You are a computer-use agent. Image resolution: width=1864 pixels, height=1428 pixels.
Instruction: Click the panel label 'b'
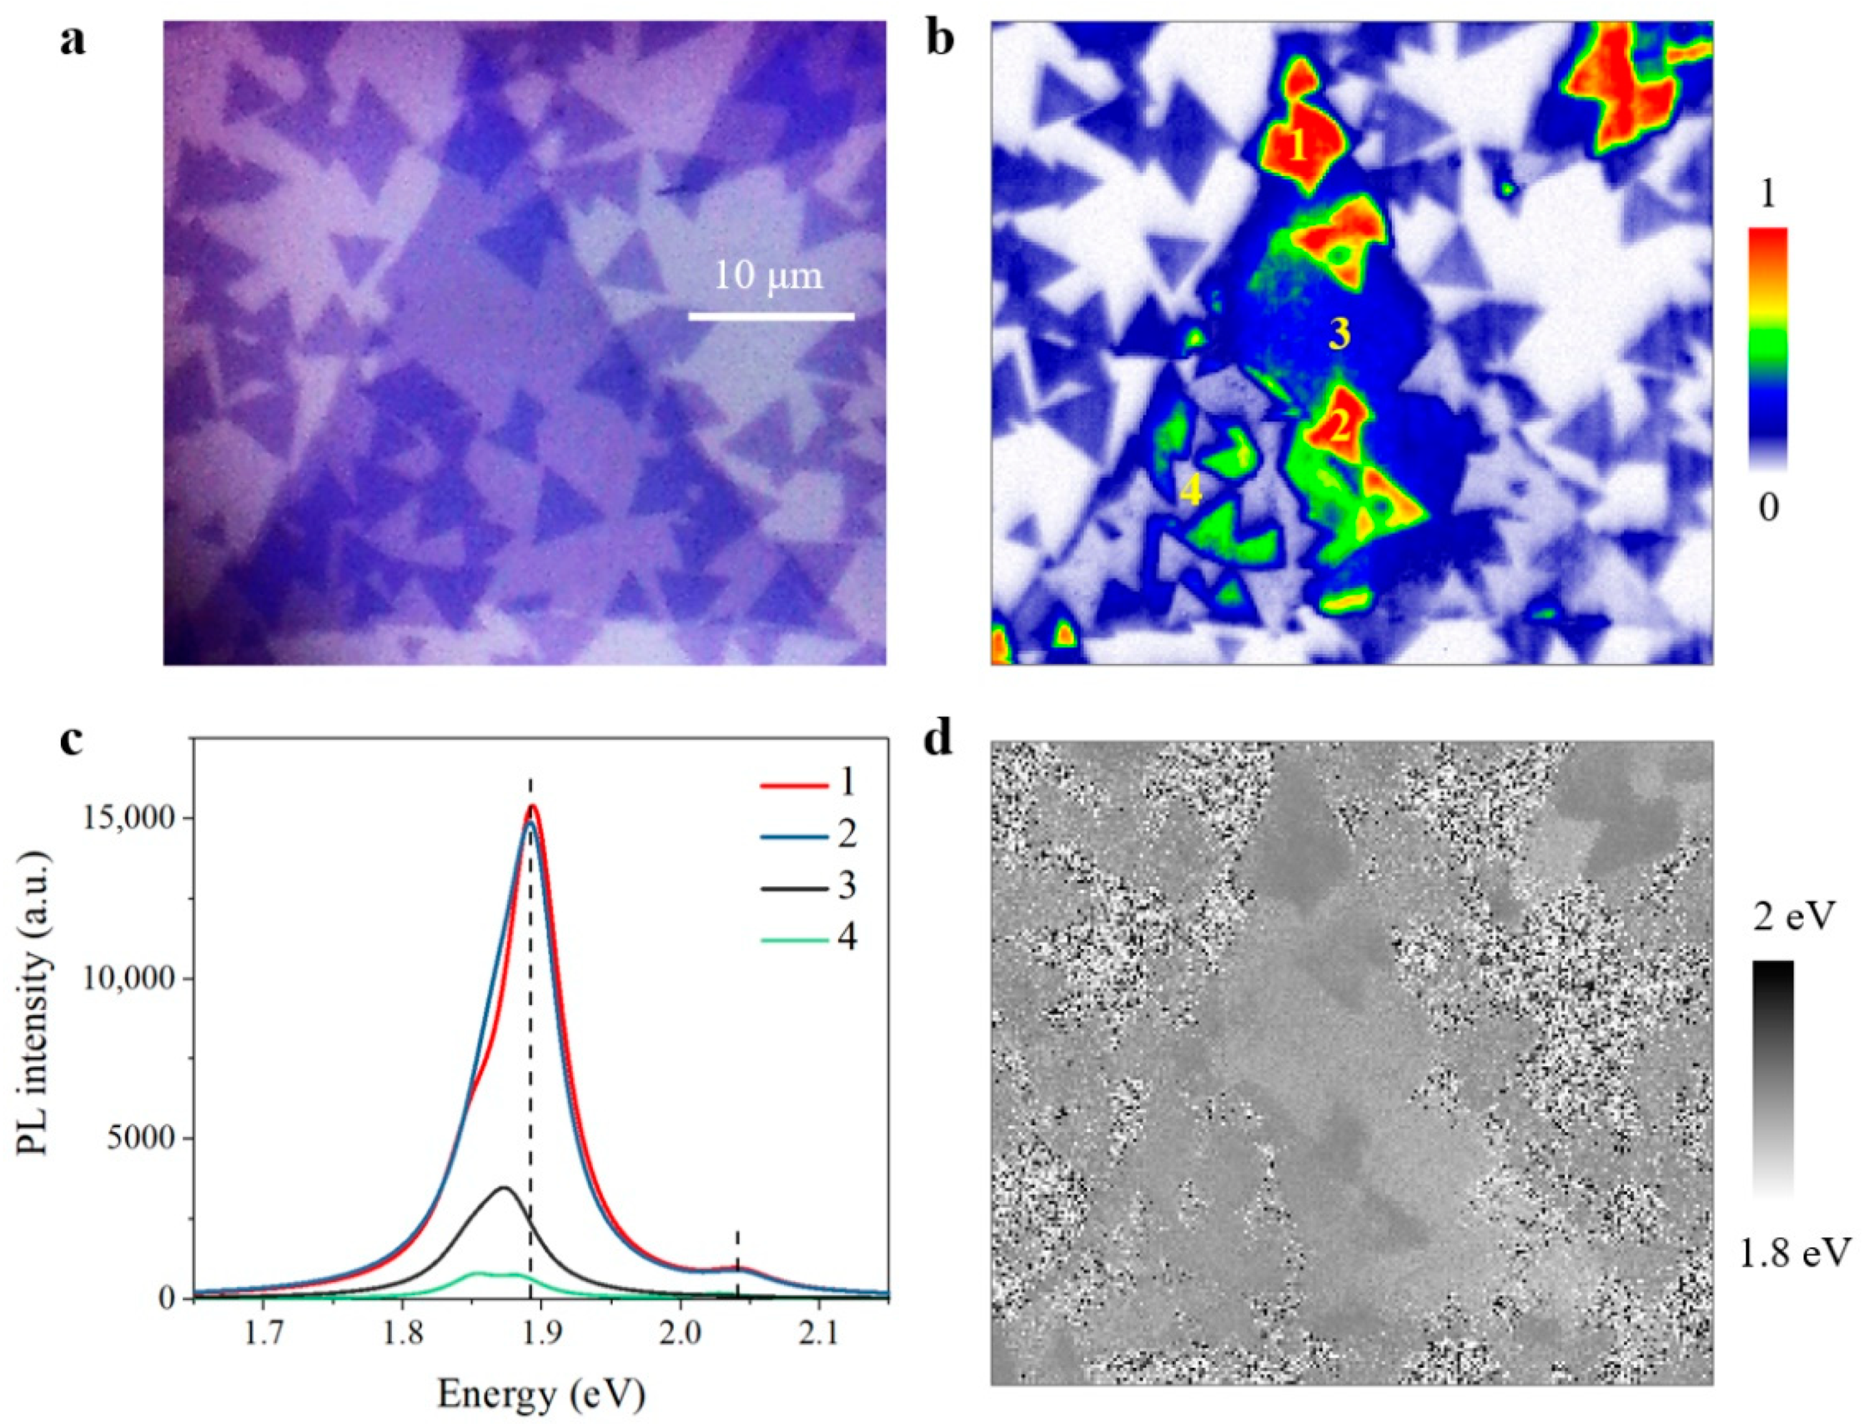(x=941, y=41)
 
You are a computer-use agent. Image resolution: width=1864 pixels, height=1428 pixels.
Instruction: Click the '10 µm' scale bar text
(x=768, y=277)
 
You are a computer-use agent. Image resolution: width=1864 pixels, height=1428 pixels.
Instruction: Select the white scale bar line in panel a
(x=770, y=317)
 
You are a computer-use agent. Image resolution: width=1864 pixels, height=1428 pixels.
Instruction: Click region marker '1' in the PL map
(x=1297, y=149)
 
